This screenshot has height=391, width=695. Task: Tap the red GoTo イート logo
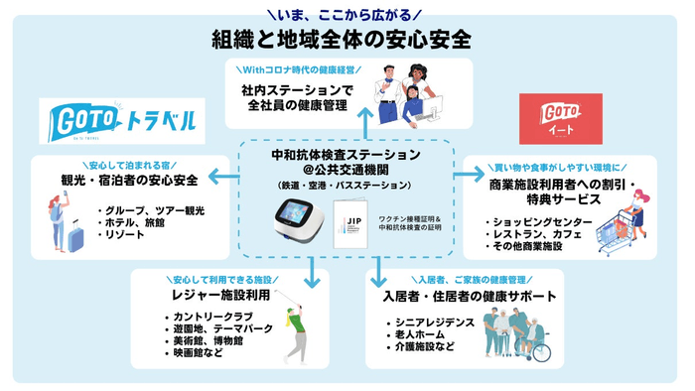[x=562, y=121]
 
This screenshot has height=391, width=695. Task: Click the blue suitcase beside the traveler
[x=74, y=234]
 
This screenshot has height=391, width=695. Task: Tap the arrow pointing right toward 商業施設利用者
[x=468, y=177]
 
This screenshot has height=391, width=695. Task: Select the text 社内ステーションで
[x=291, y=89]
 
